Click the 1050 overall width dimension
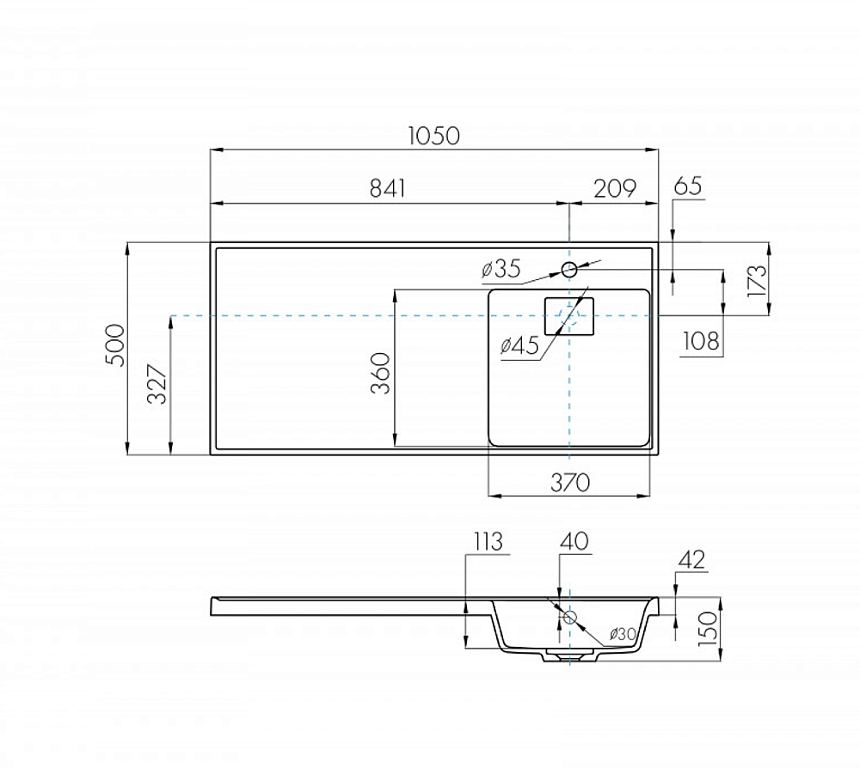point(433,136)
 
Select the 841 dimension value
point(388,188)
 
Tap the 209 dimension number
point(615,188)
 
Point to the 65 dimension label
point(688,186)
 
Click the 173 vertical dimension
point(756,280)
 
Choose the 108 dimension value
point(701,341)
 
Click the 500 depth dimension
point(116,345)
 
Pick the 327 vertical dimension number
point(158,384)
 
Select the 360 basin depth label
point(381,373)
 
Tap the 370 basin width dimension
point(570,483)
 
